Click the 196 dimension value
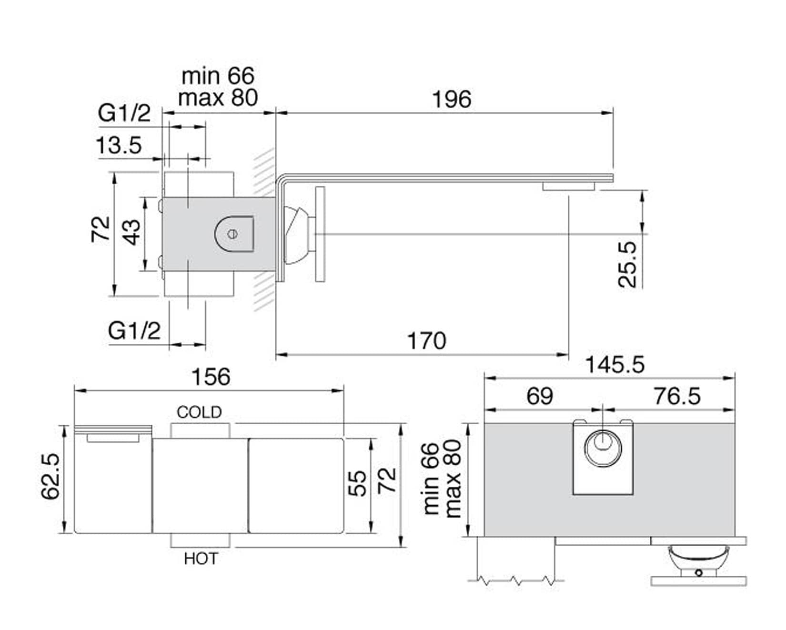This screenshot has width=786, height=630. click(451, 100)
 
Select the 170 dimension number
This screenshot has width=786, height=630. click(426, 341)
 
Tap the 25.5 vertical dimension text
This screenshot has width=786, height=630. click(627, 264)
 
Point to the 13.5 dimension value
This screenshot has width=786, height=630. click(119, 145)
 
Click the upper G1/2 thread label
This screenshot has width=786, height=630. click(124, 113)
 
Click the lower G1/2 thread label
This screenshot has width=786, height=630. click(134, 330)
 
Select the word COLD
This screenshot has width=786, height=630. click(199, 412)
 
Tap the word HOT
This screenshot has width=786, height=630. click(201, 559)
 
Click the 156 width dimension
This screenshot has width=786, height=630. click(211, 377)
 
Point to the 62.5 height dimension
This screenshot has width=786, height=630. click(50, 476)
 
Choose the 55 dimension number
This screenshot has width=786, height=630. click(357, 483)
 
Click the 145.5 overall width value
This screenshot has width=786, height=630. click(614, 365)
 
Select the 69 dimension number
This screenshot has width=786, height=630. click(539, 396)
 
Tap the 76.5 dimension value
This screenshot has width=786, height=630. click(676, 396)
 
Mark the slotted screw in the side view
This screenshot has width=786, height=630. click(232, 234)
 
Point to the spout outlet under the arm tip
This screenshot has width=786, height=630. click(569, 186)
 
